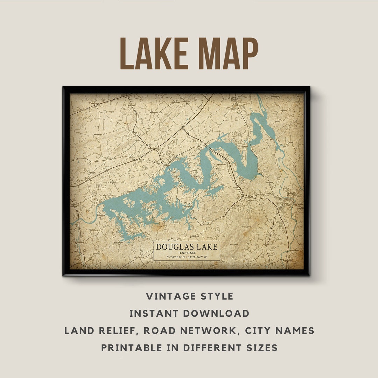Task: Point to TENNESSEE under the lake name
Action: (187, 253)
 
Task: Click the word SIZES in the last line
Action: (260, 348)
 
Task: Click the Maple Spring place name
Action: (234, 244)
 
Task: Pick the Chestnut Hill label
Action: (198, 225)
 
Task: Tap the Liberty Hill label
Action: (293, 122)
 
